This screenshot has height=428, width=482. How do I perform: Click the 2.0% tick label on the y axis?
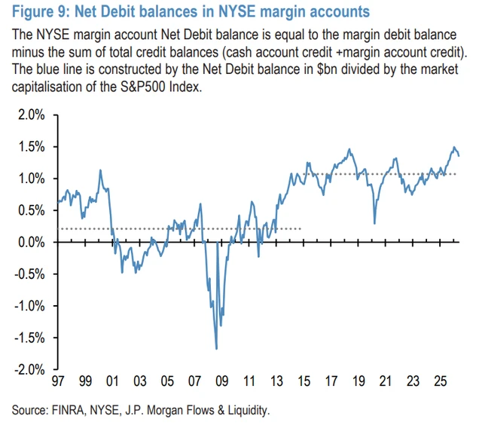tap(32, 115)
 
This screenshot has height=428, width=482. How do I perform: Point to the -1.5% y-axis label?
tap(29, 338)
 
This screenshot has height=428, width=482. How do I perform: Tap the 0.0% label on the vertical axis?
tap(32, 243)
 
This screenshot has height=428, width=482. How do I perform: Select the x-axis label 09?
tap(222, 381)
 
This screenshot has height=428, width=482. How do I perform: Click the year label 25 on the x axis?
tap(440, 381)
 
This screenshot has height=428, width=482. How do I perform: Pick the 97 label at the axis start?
tap(58, 381)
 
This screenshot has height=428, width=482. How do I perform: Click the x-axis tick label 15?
tap(304, 381)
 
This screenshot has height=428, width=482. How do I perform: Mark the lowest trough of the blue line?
tap(217, 349)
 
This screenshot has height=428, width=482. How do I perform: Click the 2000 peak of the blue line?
tap(100, 170)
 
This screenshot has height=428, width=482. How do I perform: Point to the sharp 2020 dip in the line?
tap(374, 223)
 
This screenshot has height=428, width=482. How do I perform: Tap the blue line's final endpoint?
tap(459, 156)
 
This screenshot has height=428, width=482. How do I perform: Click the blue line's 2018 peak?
tap(349, 149)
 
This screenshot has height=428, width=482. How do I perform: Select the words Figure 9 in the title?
tap(38, 12)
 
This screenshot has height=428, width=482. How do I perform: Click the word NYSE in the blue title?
tap(236, 12)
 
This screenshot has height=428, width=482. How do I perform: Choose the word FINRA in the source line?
tap(69, 410)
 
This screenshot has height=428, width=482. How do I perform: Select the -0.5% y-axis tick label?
tap(29, 274)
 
